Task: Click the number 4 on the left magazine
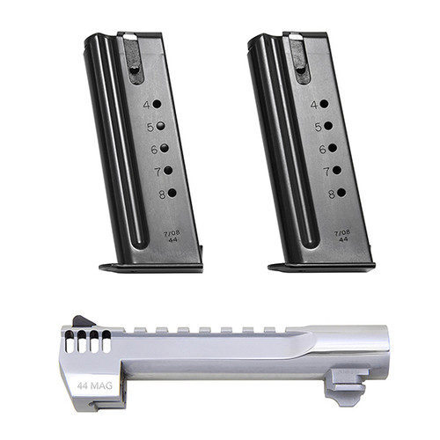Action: click(x=146, y=105)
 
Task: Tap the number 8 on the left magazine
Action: click(x=161, y=194)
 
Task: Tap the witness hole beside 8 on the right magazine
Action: click(x=338, y=192)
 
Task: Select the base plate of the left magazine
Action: click(x=150, y=266)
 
